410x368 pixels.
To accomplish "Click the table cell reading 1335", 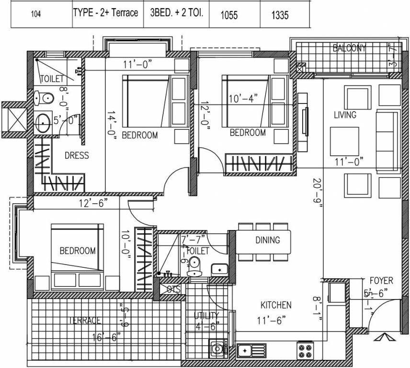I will click(x=280, y=15).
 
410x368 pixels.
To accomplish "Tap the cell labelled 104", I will click(x=36, y=14).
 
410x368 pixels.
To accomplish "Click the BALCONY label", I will click(x=350, y=48).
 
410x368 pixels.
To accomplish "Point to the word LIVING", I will click(x=345, y=115).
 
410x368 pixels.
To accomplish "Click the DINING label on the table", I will click(x=267, y=239).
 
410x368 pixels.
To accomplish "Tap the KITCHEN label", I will click(x=275, y=305).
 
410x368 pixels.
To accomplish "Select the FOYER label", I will click(x=381, y=281).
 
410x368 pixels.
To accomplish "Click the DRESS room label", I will click(x=77, y=155).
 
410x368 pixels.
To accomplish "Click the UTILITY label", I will click(x=206, y=315).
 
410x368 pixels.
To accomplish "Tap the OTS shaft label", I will click(x=173, y=289).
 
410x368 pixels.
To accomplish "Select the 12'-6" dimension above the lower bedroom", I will click(x=93, y=203).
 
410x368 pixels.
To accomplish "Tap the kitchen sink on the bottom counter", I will click(x=251, y=351).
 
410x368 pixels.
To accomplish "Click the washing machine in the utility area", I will click(x=218, y=349).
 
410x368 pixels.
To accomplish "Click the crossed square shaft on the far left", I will click(x=18, y=116).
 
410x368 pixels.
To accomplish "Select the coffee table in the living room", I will click(x=344, y=141).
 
